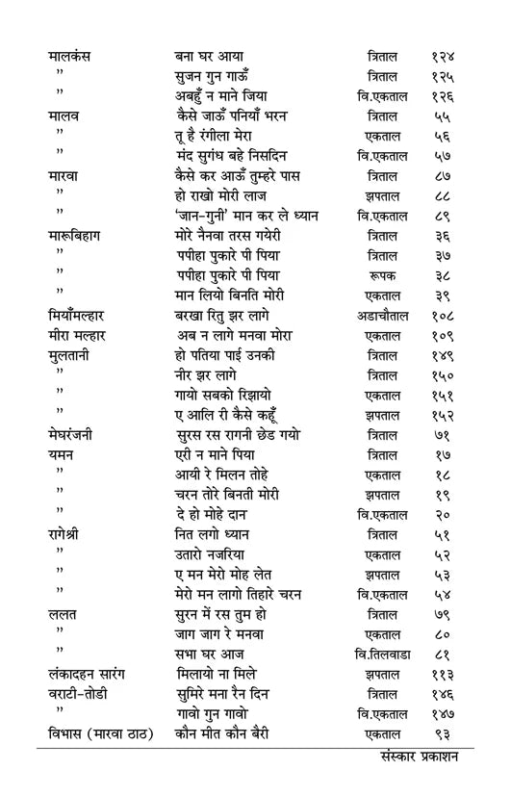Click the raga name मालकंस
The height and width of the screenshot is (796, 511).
pos(69,56)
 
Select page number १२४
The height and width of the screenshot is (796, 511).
pos(443,56)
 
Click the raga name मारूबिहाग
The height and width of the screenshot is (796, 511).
pos(80,235)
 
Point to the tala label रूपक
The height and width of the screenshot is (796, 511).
pos(383,274)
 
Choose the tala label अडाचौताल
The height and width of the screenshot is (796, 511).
pos(383,315)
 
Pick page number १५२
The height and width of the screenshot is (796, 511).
pos(443,415)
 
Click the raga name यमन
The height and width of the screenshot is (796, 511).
pos(62,454)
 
